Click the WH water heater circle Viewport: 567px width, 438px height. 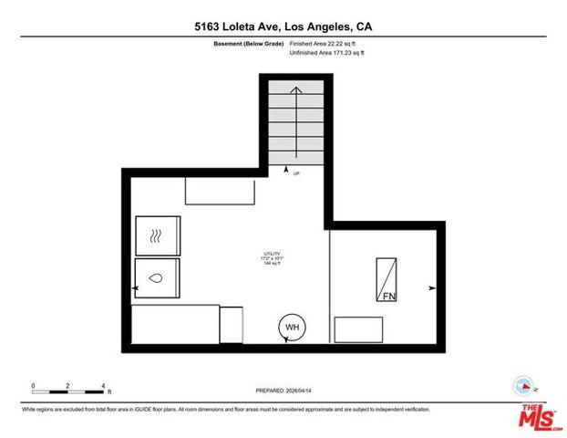tap(293, 328)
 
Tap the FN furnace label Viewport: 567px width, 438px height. tap(389, 297)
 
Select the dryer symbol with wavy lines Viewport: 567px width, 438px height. tap(157, 236)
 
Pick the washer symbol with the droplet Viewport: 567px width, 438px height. tap(157, 276)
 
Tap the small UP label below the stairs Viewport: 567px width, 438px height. tap(297, 173)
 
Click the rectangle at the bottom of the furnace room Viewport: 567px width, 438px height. tap(358, 328)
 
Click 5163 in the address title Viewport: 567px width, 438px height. tap(211, 27)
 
